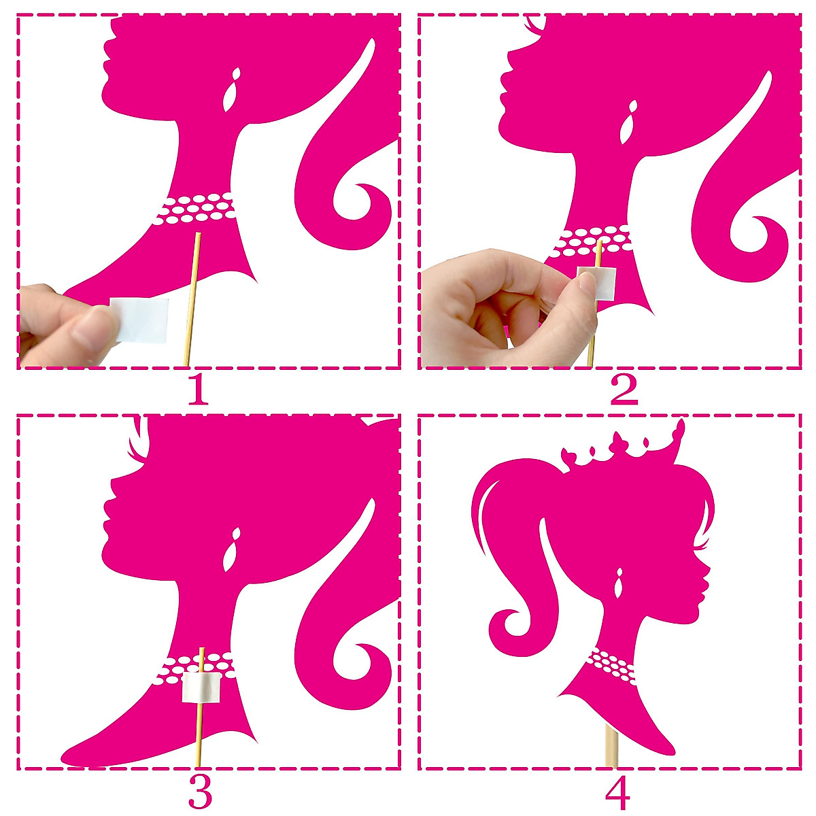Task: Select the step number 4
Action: click(617, 791)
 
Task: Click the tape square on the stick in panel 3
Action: click(202, 688)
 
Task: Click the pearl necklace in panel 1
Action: click(196, 209)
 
